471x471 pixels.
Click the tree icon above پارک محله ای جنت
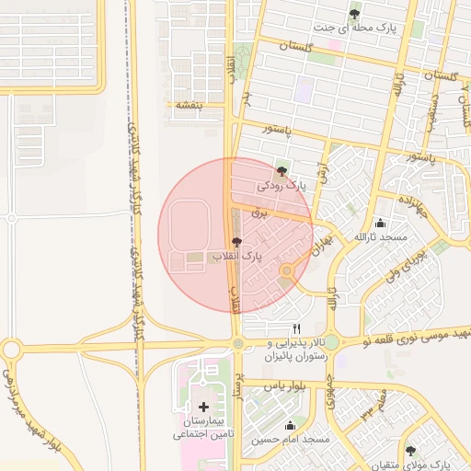(355, 13)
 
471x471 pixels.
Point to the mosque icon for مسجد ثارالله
(381, 223)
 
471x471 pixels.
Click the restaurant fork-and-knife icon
(296, 328)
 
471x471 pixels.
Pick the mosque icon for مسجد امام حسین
(291, 425)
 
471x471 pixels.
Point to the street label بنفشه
(184, 106)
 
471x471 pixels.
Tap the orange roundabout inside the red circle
(287, 270)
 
